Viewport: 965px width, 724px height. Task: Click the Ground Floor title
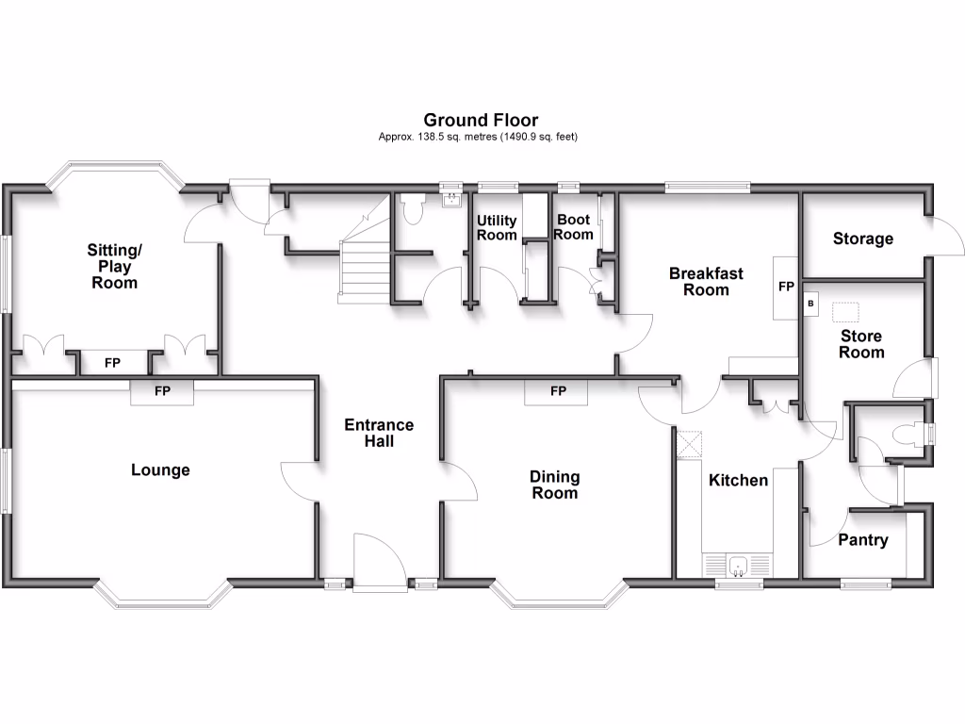coord(481,120)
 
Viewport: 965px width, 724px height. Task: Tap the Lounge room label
coord(160,469)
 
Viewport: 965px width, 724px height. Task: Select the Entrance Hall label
coord(379,433)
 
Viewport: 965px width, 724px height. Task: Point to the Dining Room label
coord(554,485)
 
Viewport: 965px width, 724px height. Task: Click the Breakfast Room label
coord(706,281)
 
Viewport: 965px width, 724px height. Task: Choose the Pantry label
coord(862,540)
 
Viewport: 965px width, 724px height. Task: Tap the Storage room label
coord(862,239)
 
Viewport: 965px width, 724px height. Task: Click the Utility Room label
coord(497,227)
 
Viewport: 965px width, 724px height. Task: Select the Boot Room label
coord(573,226)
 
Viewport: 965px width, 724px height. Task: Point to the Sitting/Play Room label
coord(114,266)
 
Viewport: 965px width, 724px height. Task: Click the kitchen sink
coord(737,566)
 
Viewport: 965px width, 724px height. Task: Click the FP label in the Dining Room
coord(558,390)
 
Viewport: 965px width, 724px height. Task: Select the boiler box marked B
coord(810,304)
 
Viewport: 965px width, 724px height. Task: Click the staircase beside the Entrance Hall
coord(364,263)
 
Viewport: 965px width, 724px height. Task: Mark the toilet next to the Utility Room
coord(412,209)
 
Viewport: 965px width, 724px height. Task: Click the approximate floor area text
coord(478,137)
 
